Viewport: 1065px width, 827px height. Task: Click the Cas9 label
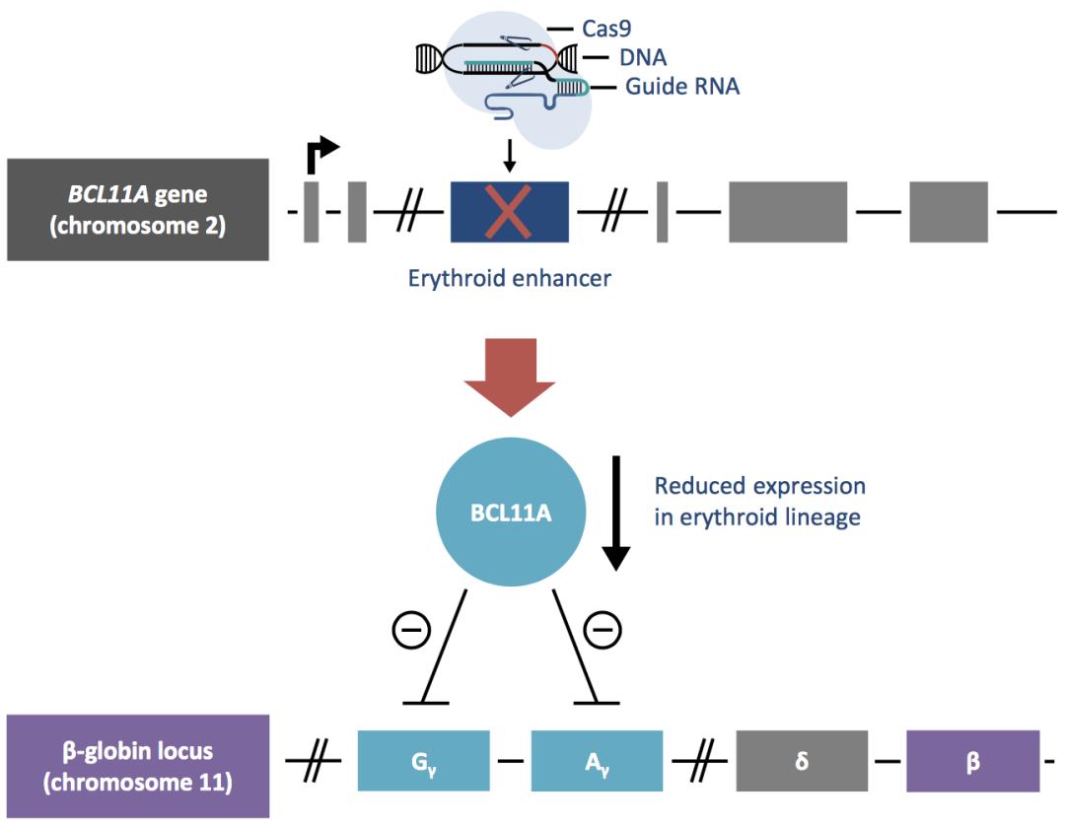tap(606, 29)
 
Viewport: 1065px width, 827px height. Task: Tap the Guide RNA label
tap(681, 87)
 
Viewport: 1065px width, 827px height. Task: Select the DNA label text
tap(643, 57)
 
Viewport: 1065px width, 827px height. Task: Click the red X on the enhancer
tap(508, 211)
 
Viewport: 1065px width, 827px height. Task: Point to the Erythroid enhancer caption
tap(509, 279)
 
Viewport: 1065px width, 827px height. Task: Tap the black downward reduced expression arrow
tap(615, 513)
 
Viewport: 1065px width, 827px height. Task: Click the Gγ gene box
tap(423, 761)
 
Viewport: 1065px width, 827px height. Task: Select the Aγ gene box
tap(597, 761)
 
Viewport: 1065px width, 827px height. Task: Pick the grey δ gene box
tap(802, 761)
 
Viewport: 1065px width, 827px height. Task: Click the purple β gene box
tap(972, 761)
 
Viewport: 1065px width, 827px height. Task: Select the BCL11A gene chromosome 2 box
tap(137, 210)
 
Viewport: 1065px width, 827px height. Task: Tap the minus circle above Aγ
tap(603, 627)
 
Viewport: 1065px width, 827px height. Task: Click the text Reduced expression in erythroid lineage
tap(759, 501)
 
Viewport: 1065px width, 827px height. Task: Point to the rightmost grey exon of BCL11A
tap(948, 211)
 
